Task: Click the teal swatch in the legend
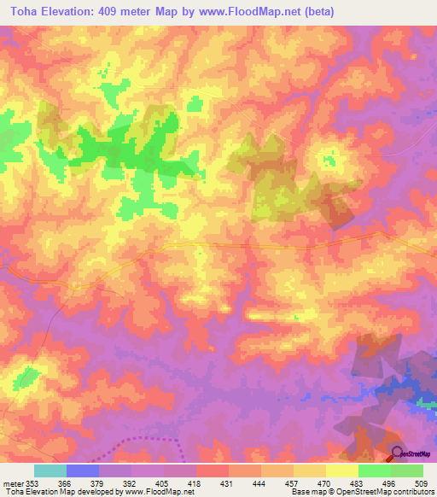[x=50, y=471]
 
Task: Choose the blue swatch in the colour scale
[x=83, y=471]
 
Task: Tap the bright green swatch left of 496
[x=374, y=471]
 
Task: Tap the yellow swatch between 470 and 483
[x=341, y=471]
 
